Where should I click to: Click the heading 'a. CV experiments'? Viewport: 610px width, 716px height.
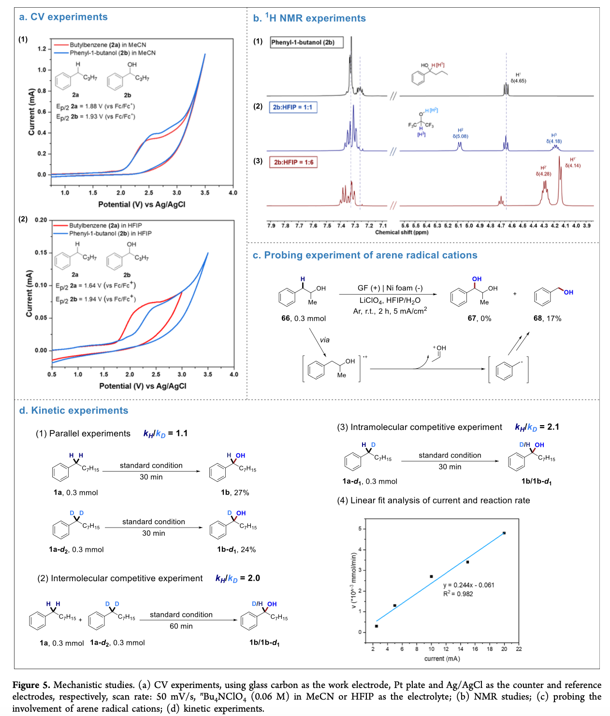(63, 17)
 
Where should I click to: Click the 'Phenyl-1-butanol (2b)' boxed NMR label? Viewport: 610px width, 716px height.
(306, 43)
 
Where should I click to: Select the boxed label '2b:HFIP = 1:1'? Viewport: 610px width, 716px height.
(293, 107)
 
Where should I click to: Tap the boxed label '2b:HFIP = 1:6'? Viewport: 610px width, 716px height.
(293, 162)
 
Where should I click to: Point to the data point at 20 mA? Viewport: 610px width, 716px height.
(504, 533)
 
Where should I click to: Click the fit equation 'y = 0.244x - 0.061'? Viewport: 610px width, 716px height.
(468, 585)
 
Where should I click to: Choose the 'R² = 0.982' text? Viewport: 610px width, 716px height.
(458, 594)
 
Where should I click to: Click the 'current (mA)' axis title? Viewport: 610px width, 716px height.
(442, 659)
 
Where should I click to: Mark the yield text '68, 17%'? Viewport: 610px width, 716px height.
(547, 318)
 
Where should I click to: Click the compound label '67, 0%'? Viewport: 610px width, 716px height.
(479, 318)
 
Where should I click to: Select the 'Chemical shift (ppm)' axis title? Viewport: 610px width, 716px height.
(402, 232)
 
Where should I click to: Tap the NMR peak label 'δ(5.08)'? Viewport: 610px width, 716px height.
(460, 136)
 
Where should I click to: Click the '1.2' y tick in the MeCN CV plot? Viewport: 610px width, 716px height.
(42, 49)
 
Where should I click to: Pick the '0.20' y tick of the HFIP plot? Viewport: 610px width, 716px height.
(41, 220)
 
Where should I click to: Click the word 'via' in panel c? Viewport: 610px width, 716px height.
(324, 340)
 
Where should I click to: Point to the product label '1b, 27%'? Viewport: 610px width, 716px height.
(235, 492)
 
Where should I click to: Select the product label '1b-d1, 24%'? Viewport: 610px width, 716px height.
(236, 549)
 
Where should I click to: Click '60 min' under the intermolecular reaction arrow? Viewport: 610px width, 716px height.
(181, 626)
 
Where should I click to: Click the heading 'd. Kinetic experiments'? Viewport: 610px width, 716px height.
(73, 411)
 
